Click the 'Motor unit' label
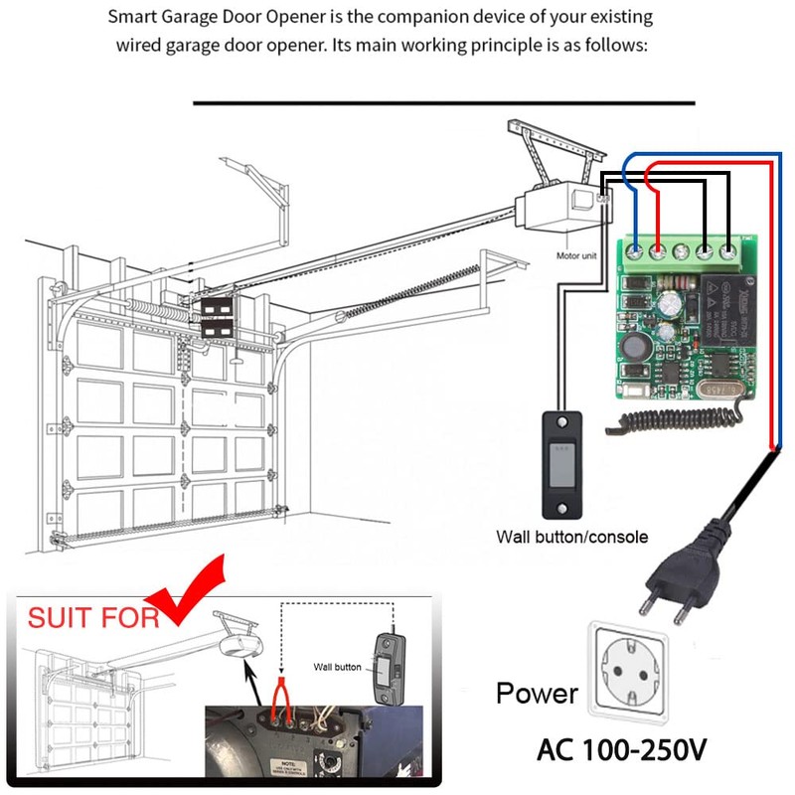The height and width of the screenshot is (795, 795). click(576, 255)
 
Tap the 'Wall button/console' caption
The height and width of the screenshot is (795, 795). click(571, 537)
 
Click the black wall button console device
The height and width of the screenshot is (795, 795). click(561, 462)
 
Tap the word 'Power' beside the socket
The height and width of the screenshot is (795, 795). click(537, 693)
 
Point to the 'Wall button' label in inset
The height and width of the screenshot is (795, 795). click(337, 667)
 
